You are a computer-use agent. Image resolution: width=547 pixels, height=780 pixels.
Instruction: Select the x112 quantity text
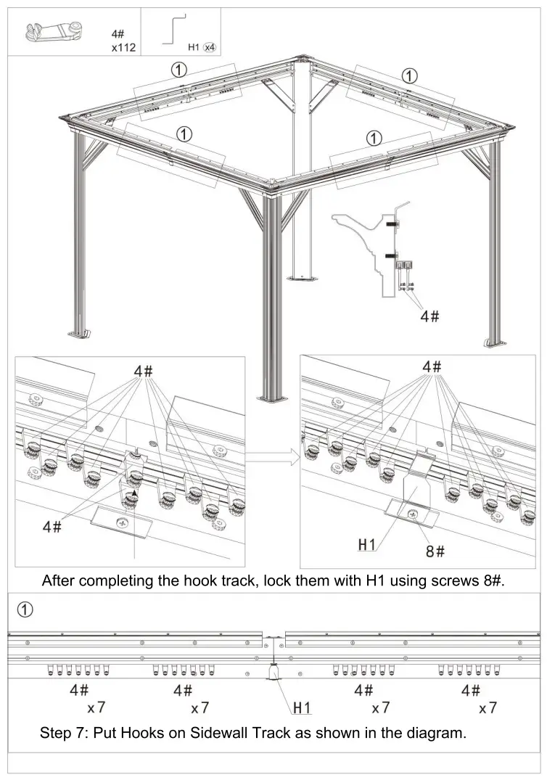pos(123,48)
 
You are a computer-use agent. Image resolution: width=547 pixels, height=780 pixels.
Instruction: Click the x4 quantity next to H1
pos(210,48)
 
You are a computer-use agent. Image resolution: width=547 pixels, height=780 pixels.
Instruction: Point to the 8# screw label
pos(435,552)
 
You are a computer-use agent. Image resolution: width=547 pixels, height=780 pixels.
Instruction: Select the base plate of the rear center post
pos(303,276)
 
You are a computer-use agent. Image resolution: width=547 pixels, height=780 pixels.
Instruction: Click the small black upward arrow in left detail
pos(133,491)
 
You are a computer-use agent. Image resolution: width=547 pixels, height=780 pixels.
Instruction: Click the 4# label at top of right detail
pos(432,366)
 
